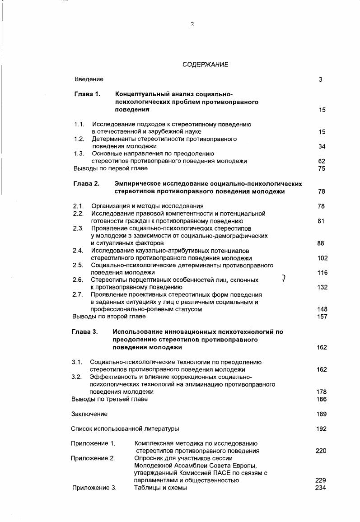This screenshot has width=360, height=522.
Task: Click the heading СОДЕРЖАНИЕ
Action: coord(206,65)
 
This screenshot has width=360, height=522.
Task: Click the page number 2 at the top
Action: coord(192,24)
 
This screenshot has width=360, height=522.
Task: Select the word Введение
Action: coord(89,79)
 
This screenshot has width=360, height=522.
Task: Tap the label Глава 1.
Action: coord(87,94)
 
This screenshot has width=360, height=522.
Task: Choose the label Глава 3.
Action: coord(84,332)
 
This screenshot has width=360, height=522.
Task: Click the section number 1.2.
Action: coord(79,139)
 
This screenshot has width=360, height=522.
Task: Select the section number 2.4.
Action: coord(78,251)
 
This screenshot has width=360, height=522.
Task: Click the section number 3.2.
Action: coord(77,377)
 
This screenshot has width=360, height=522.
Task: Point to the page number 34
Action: coord(322,146)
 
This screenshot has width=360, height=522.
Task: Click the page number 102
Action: coord(322,258)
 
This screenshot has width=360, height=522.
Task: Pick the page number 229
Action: coord(321,480)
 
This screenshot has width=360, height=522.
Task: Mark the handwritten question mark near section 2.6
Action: coord(283,279)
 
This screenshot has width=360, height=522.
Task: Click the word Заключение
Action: coord(89,414)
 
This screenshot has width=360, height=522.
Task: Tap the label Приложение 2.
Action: coord(93,458)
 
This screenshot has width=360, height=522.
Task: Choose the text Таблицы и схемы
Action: coord(160,488)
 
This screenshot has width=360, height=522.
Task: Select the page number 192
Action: coord(321,429)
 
